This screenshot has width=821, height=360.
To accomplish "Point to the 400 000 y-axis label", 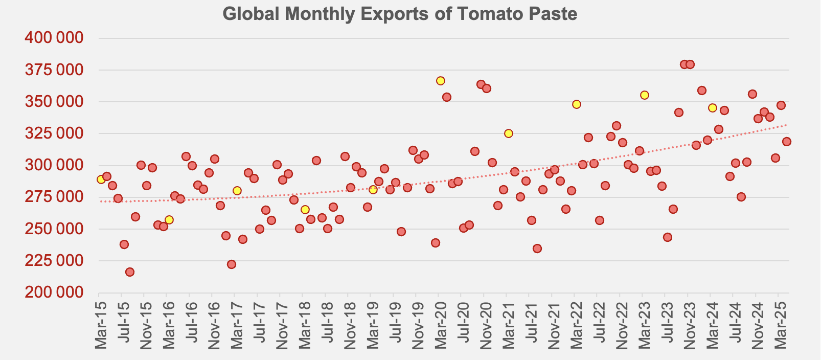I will pyautogui.click(x=54, y=38).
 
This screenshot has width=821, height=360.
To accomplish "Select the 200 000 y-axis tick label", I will pyautogui.click(x=54, y=292).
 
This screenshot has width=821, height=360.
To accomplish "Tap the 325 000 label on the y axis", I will pyautogui.click(x=54, y=133).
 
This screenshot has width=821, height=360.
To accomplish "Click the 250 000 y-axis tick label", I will pyautogui.click(x=54, y=229).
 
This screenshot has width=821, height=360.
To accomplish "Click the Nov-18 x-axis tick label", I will pyautogui.click(x=350, y=327).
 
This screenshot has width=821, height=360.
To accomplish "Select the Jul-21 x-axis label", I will pyautogui.click(x=531, y=327).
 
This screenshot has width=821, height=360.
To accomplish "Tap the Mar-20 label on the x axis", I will pyautogui.click(x=441, y=327).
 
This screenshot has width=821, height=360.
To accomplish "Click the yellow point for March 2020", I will pyautogui.click(x=441, y=81).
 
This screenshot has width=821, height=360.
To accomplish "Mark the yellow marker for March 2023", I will pyautogui.click(x=645, y=95).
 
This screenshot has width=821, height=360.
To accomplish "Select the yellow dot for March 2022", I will pyautogui.click(x=577, y=104).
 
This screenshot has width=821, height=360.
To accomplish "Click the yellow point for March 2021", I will pyautogui.click(x=509, y=133).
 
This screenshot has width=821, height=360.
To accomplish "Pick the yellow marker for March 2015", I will pyautogui.click(x=101, y=179).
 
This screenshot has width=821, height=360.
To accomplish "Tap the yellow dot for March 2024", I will pyautogui.click(x=713, y=108).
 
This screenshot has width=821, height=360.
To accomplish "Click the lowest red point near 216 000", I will pyautogui.click(x=130, y=272).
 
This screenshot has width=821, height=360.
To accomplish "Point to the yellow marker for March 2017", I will pyautogui.click(x=237, y=191).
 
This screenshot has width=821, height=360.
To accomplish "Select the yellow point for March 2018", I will pyautogui.click(x=305, y=210).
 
